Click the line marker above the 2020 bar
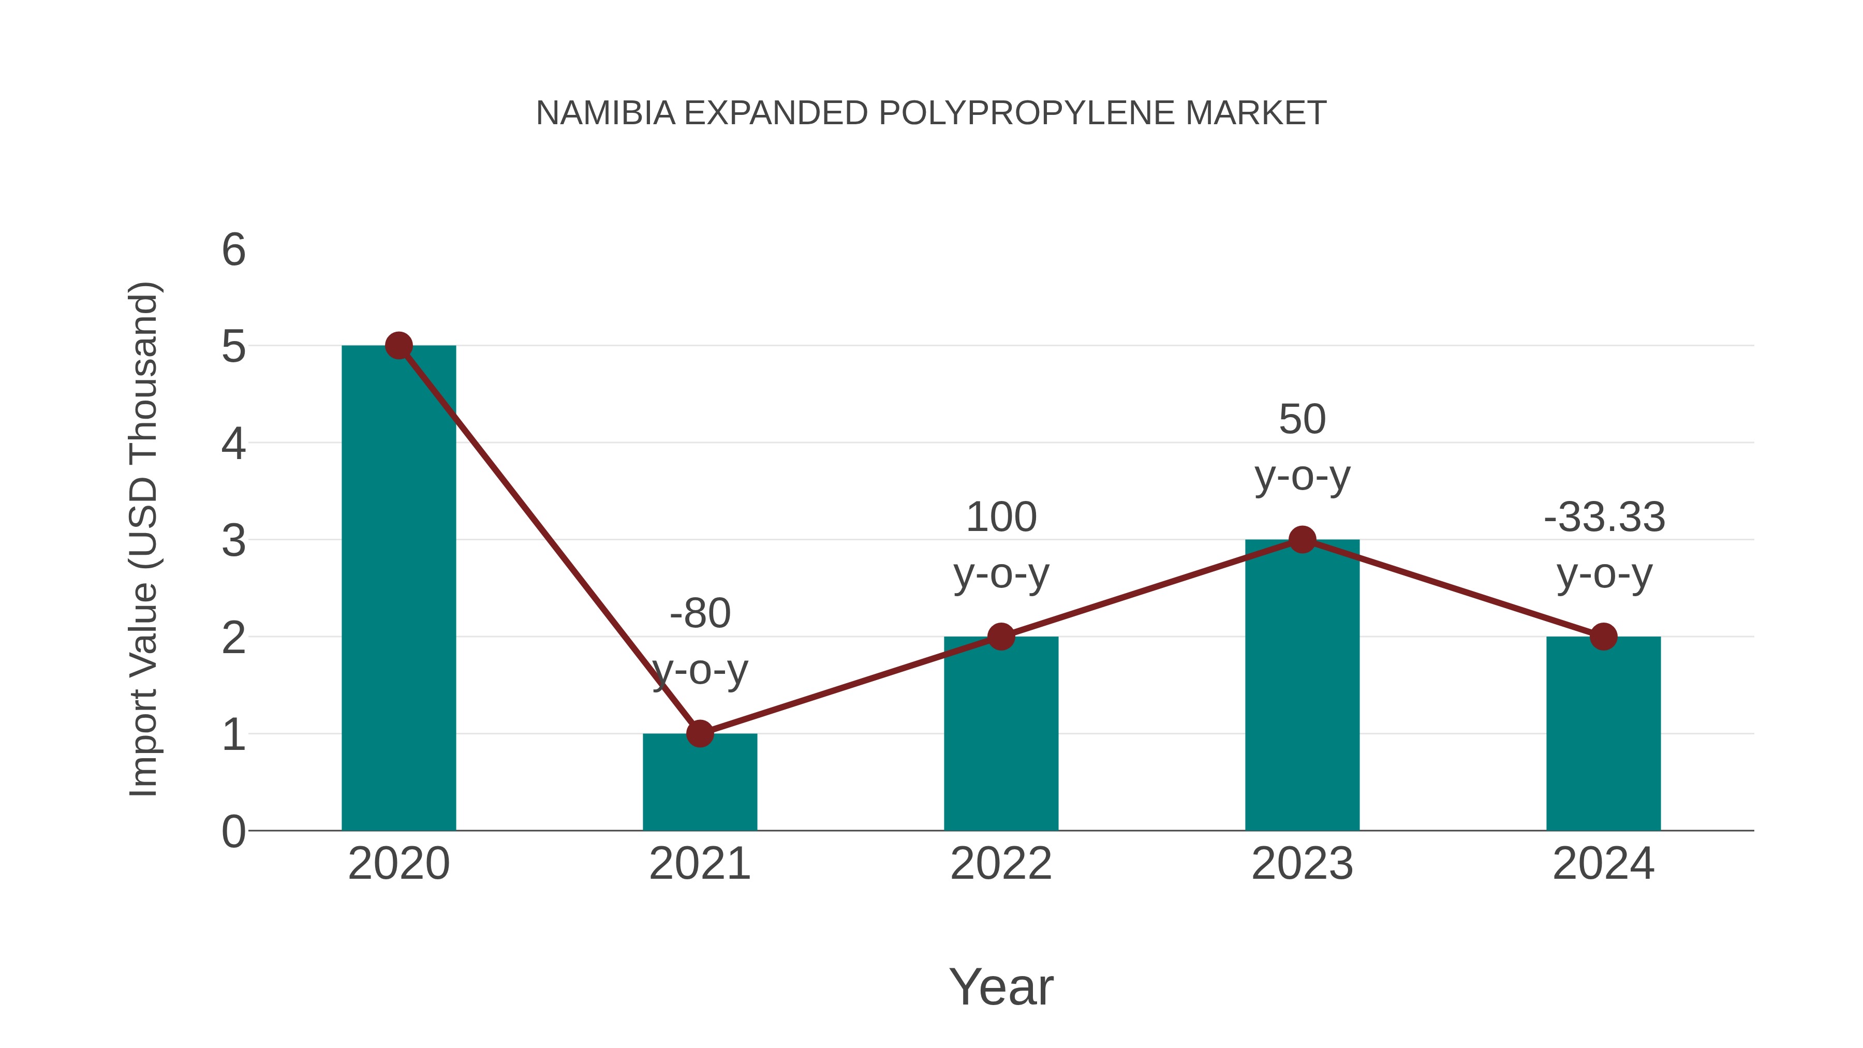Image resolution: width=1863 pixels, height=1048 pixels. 398,346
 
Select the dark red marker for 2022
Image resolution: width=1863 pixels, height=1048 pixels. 1001,637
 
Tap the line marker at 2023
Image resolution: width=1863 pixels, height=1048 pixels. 1302,540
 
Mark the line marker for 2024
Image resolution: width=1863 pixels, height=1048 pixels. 1603,637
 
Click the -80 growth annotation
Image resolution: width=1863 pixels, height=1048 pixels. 700,614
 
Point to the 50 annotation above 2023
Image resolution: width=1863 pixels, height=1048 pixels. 1302,420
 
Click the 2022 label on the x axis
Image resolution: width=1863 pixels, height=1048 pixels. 1001,864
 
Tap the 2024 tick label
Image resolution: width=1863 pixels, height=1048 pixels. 1603,864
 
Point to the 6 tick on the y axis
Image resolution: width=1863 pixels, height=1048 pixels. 233,250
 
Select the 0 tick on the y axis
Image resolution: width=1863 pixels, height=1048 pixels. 233,832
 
